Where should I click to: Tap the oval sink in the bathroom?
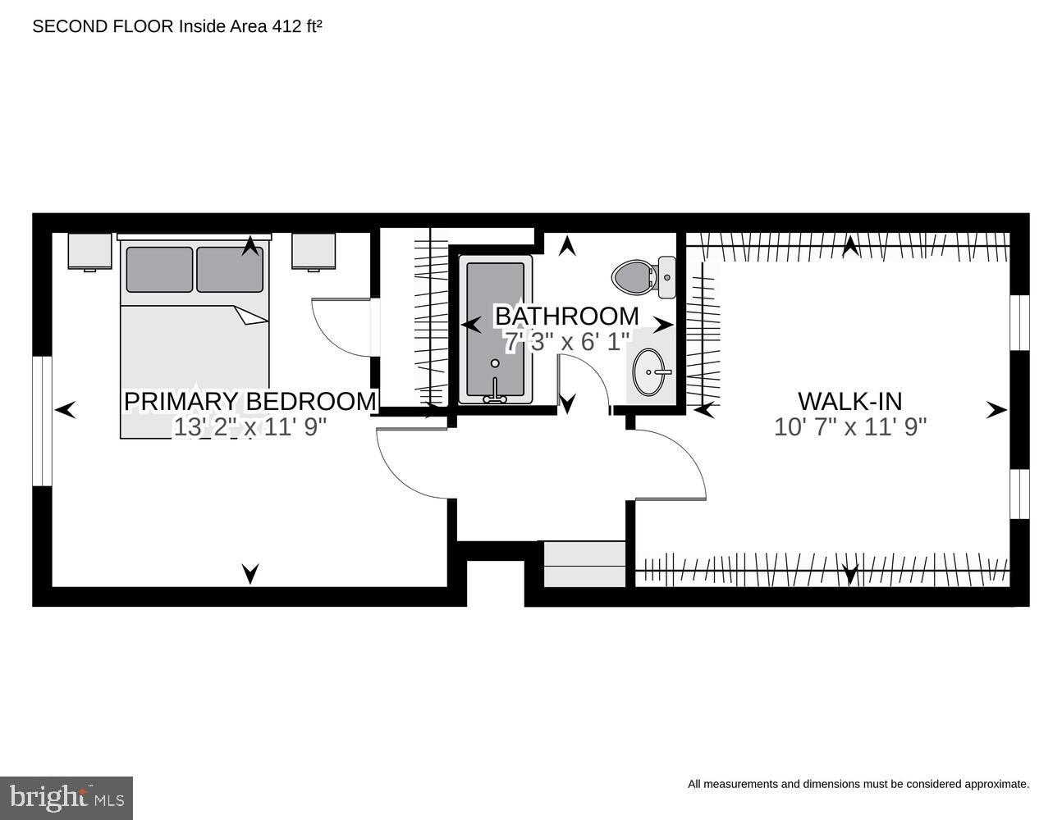coord(651,372)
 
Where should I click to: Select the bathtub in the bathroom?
coord(495,330)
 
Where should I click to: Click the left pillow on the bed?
coord(159,269)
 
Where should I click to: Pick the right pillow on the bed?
coord(230,269)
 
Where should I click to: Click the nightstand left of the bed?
coord(89,251)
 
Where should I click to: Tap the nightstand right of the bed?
coord(314,251)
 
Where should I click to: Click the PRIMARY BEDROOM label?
coord(249,401)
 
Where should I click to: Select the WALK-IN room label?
coord(849,401)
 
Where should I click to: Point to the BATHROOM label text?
coord(566,316)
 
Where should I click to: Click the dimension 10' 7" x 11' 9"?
coord(849,427)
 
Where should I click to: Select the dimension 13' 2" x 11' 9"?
coord(249,427)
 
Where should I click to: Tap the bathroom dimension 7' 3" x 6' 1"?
coord(566,341)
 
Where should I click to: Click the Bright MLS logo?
coord(66,797)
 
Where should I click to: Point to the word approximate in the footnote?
coord(996,784)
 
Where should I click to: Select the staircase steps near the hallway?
coord(585,564)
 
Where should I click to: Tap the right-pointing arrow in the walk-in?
coord(996,410)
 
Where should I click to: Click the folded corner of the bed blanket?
coord(251,316)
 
